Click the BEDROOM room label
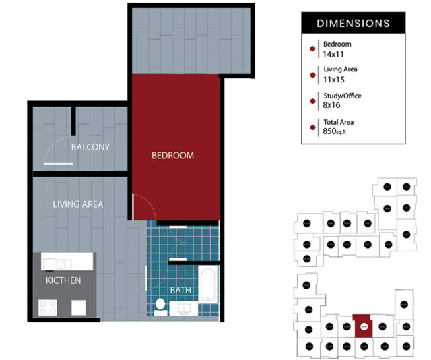[172, 156]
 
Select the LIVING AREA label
[78, 204]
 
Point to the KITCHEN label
[63, 280]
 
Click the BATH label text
[180, 291]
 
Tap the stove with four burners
[49, 308]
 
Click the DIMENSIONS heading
[353, 23]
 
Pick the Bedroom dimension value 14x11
[333, 54]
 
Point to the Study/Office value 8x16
[331, 105]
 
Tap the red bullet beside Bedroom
[310, 49]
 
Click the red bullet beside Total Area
[310, 127]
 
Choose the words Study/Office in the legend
[342, 96]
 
